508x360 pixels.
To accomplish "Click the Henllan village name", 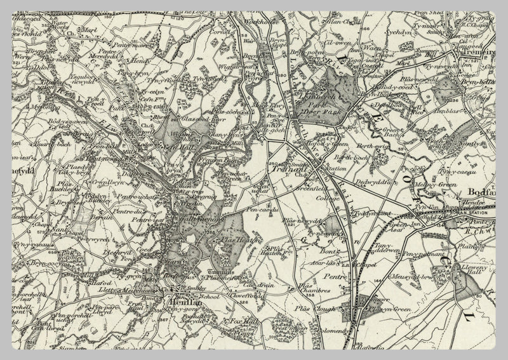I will (x=184, y=303).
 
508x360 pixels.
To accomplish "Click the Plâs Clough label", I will (x=311, y=309).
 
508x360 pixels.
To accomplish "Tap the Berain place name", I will (x=83, y=217).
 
